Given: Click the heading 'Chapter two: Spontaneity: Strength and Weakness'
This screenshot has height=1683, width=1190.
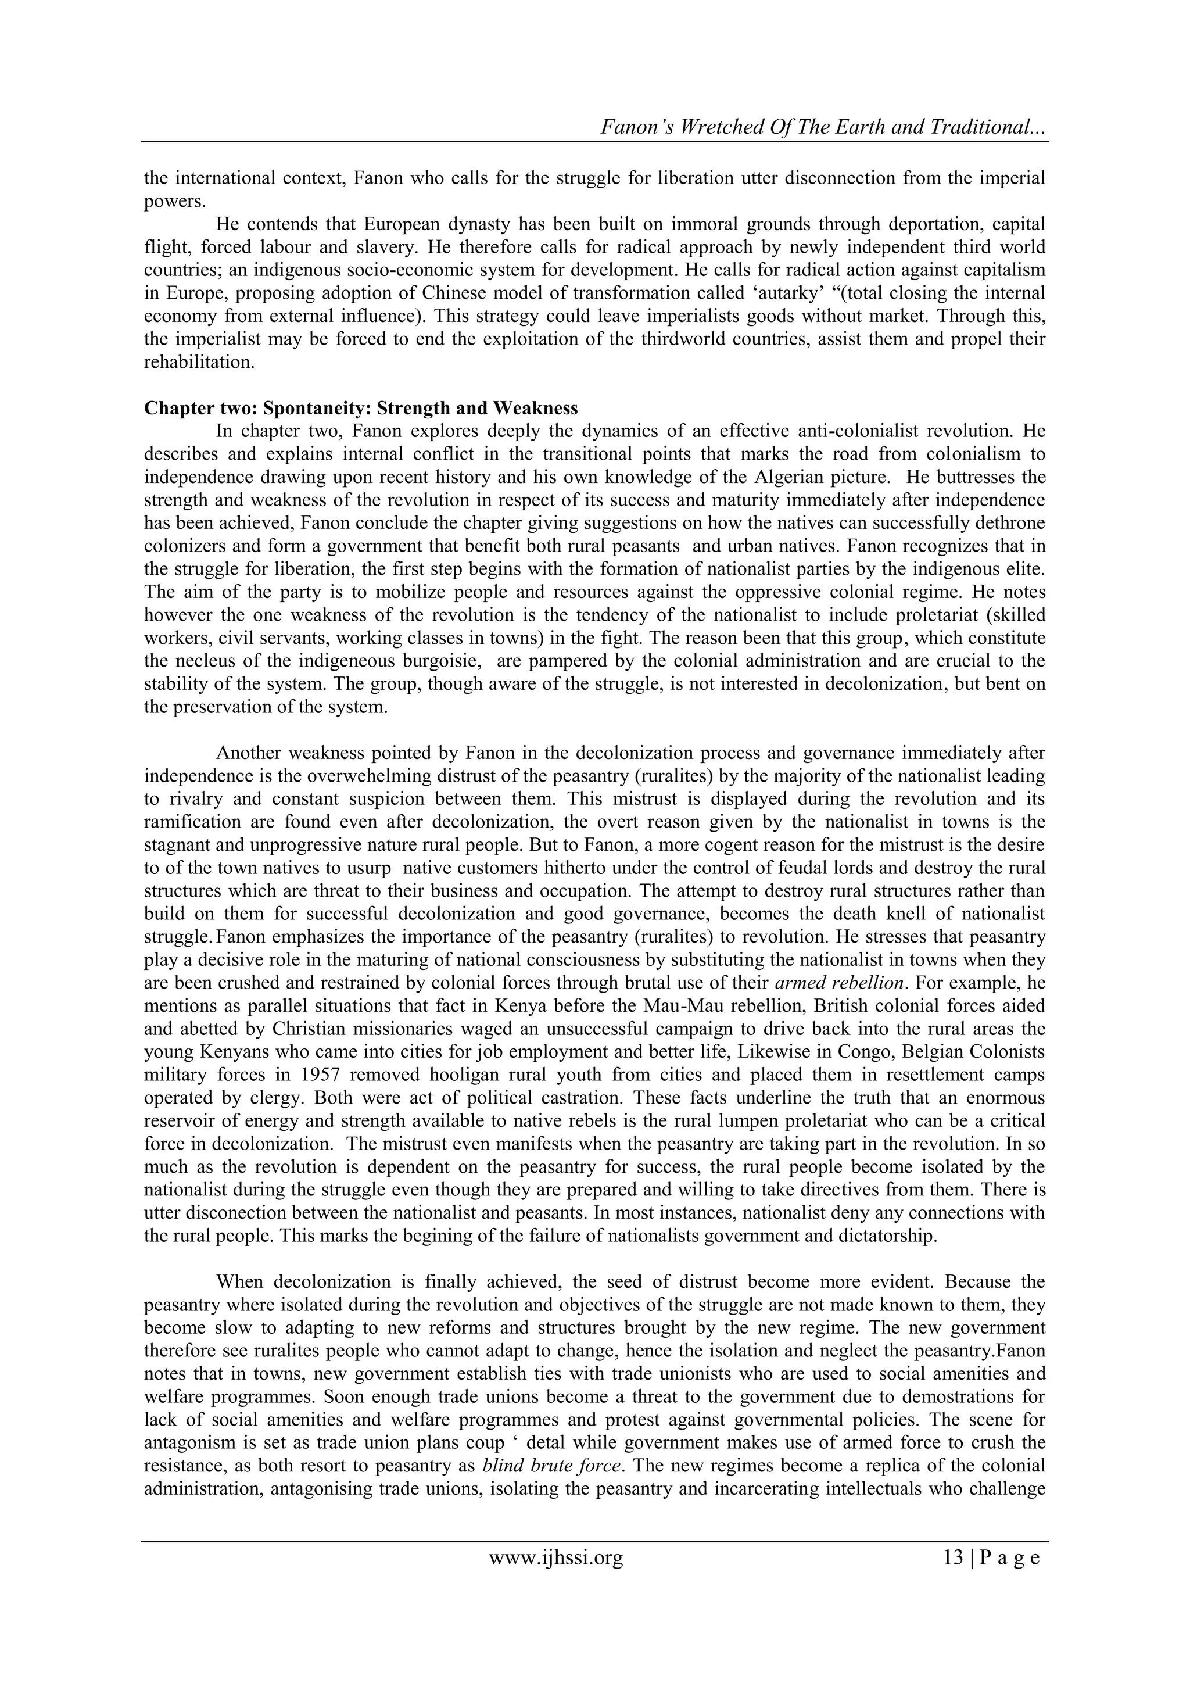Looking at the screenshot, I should click(360, 409).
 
